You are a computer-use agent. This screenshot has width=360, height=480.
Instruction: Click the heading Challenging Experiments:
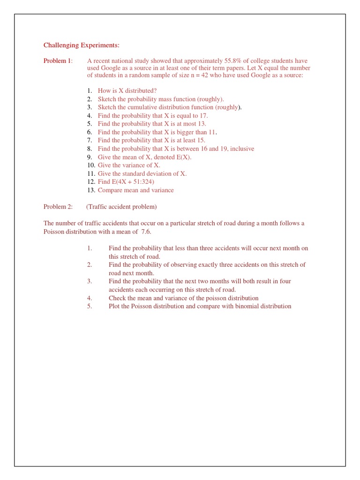pyautogui.click(x=82, y=45)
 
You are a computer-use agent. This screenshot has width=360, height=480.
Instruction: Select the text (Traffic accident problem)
pyautogui.click(x=122, y=207)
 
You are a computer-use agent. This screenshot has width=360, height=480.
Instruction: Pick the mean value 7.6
pyautogui.click(x=146, y=232)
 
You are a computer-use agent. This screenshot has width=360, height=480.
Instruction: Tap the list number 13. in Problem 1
pyautogui.click(x=91, y=190)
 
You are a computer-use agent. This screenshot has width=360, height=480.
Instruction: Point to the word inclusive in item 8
pyautogui.click(x=240, y=149)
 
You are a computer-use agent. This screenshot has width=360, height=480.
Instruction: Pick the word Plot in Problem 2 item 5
pyautogui.click(x=115, y=306)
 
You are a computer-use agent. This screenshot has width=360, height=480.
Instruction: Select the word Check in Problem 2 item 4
pyautogui.click(x=117, y=298)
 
